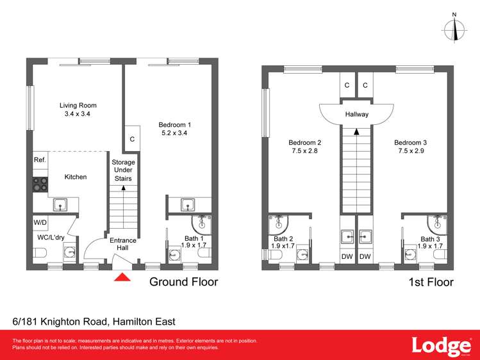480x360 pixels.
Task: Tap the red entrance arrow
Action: point(122,277)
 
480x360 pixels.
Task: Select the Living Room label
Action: point(78,105)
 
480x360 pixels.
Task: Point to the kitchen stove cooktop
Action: point(40,184)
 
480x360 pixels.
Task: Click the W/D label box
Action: point(40,223)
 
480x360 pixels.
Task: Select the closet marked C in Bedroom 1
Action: point(132,138)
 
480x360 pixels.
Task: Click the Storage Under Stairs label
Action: point(123,170)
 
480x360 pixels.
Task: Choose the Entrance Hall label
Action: point(123,244)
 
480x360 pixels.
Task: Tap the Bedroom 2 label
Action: point(304,142)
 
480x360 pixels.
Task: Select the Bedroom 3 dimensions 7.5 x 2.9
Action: point(410,151)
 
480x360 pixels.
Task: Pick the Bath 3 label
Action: point(431,238)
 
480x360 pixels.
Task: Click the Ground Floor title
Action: point(183,282)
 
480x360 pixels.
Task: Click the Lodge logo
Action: point(438,345)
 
